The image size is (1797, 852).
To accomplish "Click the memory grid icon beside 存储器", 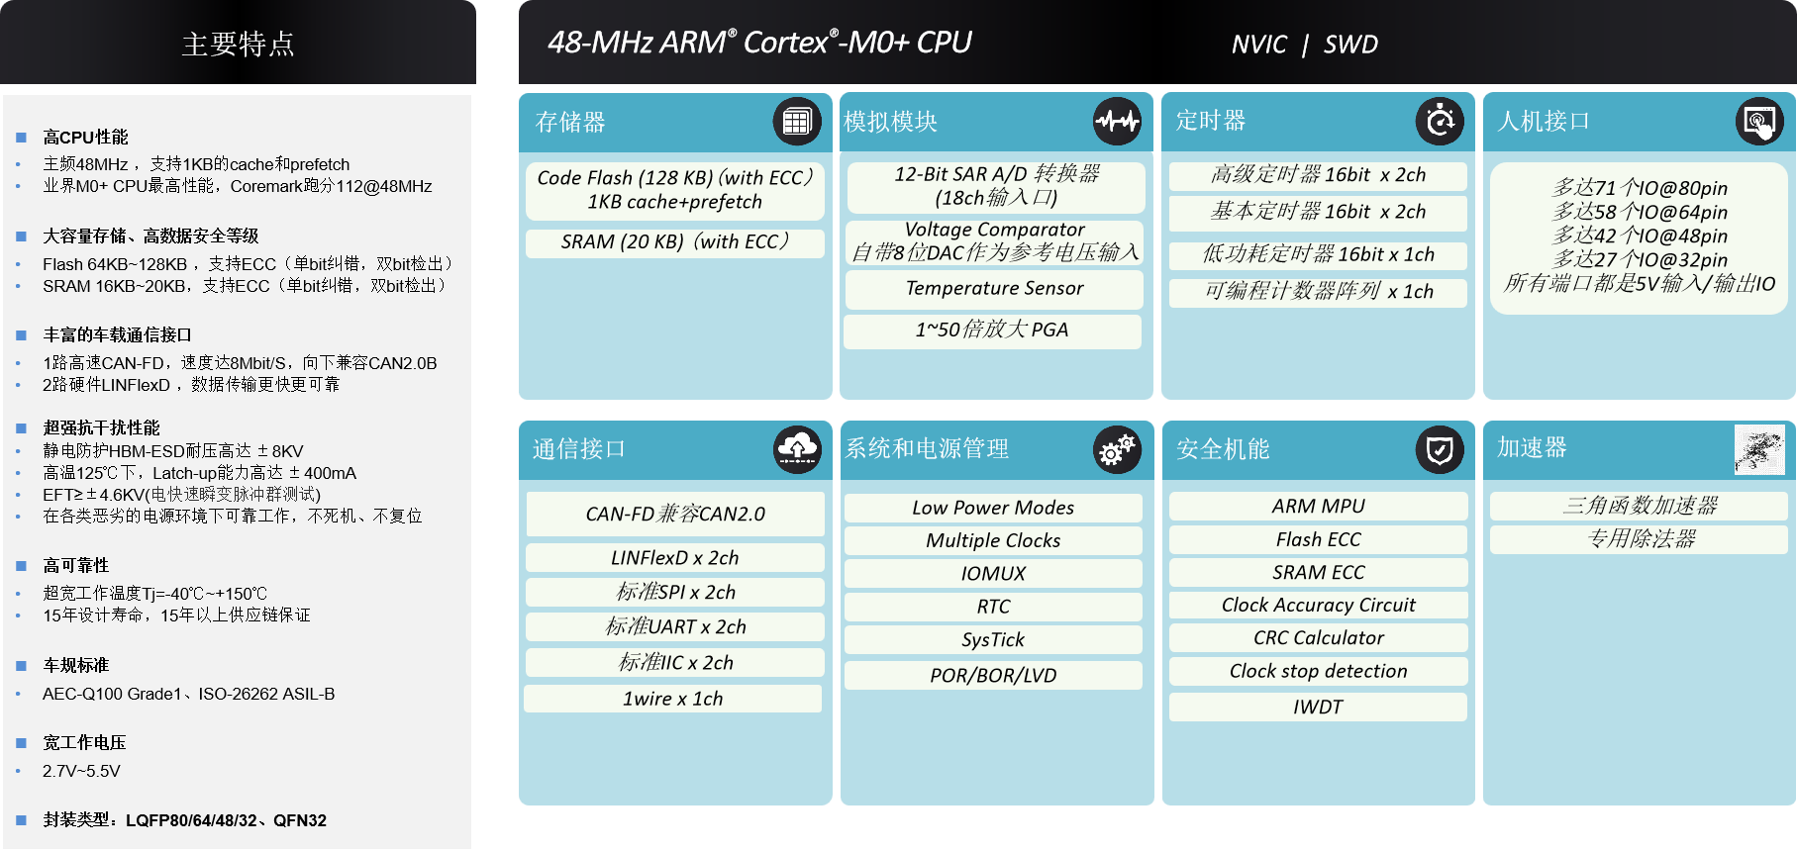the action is pos(797,122).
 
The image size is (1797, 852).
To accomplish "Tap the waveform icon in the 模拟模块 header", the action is pos(1117,122).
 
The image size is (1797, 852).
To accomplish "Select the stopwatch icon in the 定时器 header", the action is pos(1440,122).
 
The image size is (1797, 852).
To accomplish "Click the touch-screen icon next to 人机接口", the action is pos(1760,122).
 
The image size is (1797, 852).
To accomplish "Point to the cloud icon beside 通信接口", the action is pos(797,449).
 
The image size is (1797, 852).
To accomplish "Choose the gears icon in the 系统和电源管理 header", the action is pos(1117,450).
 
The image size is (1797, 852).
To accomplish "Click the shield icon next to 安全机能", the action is pos(1440,450).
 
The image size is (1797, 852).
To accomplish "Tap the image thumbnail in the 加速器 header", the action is pos(1759,449).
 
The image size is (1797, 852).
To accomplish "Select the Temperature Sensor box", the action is pos(994,289).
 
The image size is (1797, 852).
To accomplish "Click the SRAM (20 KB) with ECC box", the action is pos(675,242).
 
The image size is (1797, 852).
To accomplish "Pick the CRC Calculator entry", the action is pos(1318,638).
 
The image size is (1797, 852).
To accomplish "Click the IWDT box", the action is pos(1318,707).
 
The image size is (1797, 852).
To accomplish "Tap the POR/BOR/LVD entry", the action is pos(993,676).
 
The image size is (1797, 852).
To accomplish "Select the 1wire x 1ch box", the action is pos(673,699).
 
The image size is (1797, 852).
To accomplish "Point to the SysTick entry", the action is pos(993,640).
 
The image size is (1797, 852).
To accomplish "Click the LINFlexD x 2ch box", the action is pos(675,558).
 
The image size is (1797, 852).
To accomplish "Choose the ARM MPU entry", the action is pos(1318,507).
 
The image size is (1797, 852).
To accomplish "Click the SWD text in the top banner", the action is pos(1350,45).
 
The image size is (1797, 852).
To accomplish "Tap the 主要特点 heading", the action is pos(238,45).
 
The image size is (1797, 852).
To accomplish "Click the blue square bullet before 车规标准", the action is pos(21,666).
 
